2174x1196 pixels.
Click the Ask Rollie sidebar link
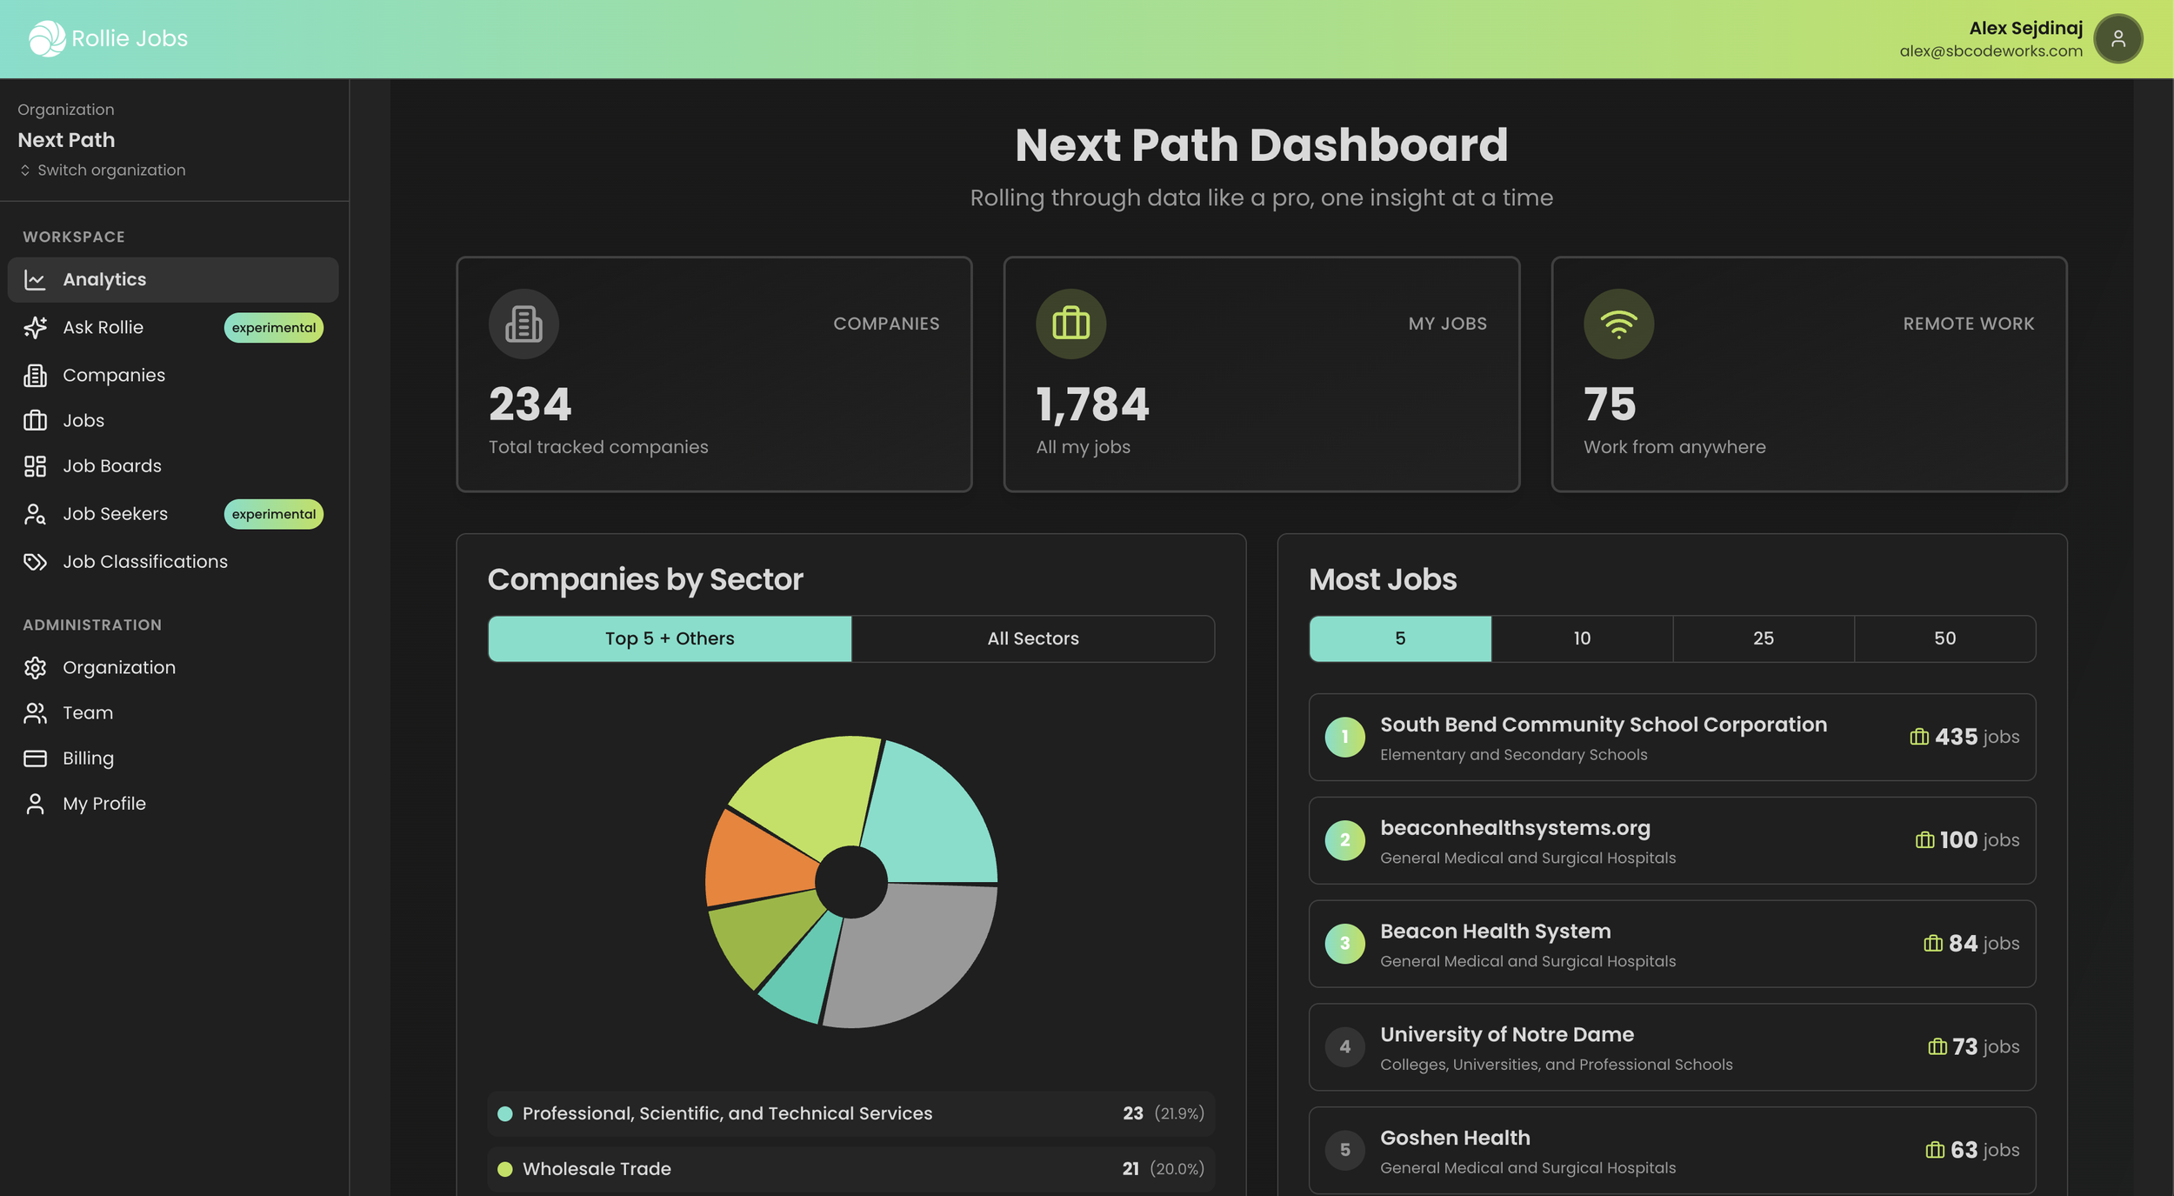pos(103,328)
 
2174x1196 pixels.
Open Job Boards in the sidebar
pos(111,466)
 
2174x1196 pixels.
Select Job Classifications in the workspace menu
pos(144,562)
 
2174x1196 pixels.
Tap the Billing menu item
pos(88,758)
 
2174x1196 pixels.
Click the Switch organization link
pos(110,170)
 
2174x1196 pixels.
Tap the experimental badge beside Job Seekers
pos(273,514)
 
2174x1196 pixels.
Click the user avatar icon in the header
pos(2117,38)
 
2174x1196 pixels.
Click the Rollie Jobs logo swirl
pos(46,38)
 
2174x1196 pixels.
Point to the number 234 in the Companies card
pos(530,404)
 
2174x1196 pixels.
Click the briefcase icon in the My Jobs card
pos(1070,324)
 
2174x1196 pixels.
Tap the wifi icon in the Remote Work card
pos(1617,324)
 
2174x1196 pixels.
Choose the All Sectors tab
pos(1032,638)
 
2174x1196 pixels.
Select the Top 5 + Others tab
pos(669,638)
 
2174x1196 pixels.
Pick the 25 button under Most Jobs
pos(1763,638)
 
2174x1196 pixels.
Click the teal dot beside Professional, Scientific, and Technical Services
pos(504,1114)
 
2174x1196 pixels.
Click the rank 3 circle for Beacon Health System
pos(1344,944)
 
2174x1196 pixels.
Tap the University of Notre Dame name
pos(1506,1034)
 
